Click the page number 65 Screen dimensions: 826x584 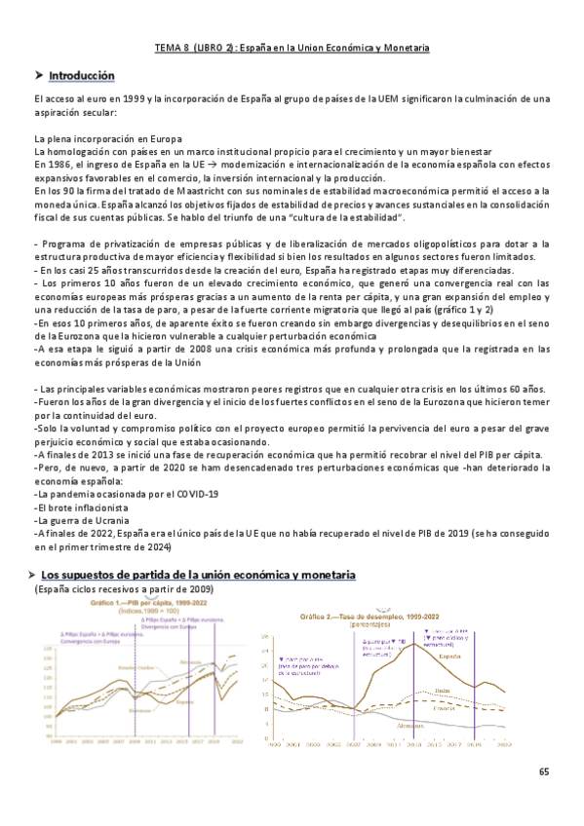point(544,771)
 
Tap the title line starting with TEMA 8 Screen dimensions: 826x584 point(292,47)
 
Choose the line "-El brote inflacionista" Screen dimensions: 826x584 point(81,507)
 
